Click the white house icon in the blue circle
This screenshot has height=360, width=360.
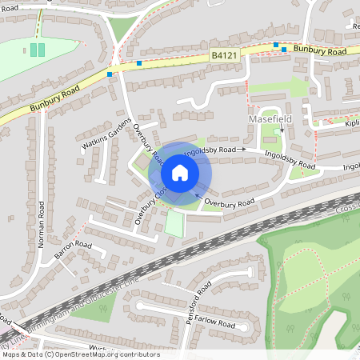(x=180, y=173)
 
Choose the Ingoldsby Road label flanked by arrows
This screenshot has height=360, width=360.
(x=210, y=150)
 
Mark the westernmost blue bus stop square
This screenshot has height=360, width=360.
(x=110, y=74)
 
